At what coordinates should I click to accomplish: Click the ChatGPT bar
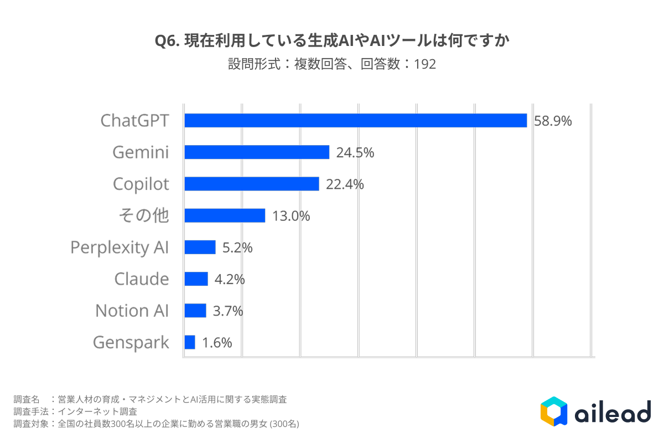click(355, 120)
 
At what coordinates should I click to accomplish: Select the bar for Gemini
click(257, 152)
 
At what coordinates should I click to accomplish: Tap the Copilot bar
click(252, 184)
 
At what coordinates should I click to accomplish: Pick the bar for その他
click(225, 215)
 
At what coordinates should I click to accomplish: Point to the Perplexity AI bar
click(200, 247)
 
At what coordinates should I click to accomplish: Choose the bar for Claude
click(196, 279)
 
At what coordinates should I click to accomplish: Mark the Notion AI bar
click(195, 310)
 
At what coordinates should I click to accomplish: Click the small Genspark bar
click(189, 342)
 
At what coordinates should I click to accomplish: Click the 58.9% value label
click(553, 121)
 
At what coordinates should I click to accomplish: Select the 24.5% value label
click(355, 152)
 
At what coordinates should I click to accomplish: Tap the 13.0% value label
click(291, 216)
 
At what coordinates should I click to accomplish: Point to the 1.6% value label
click(217, 343)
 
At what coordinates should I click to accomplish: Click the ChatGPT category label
click(134, 121)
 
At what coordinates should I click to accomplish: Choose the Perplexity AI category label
click(120, 248)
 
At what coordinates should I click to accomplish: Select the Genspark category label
click(131, 343)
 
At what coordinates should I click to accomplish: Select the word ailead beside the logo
click(613, 413)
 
